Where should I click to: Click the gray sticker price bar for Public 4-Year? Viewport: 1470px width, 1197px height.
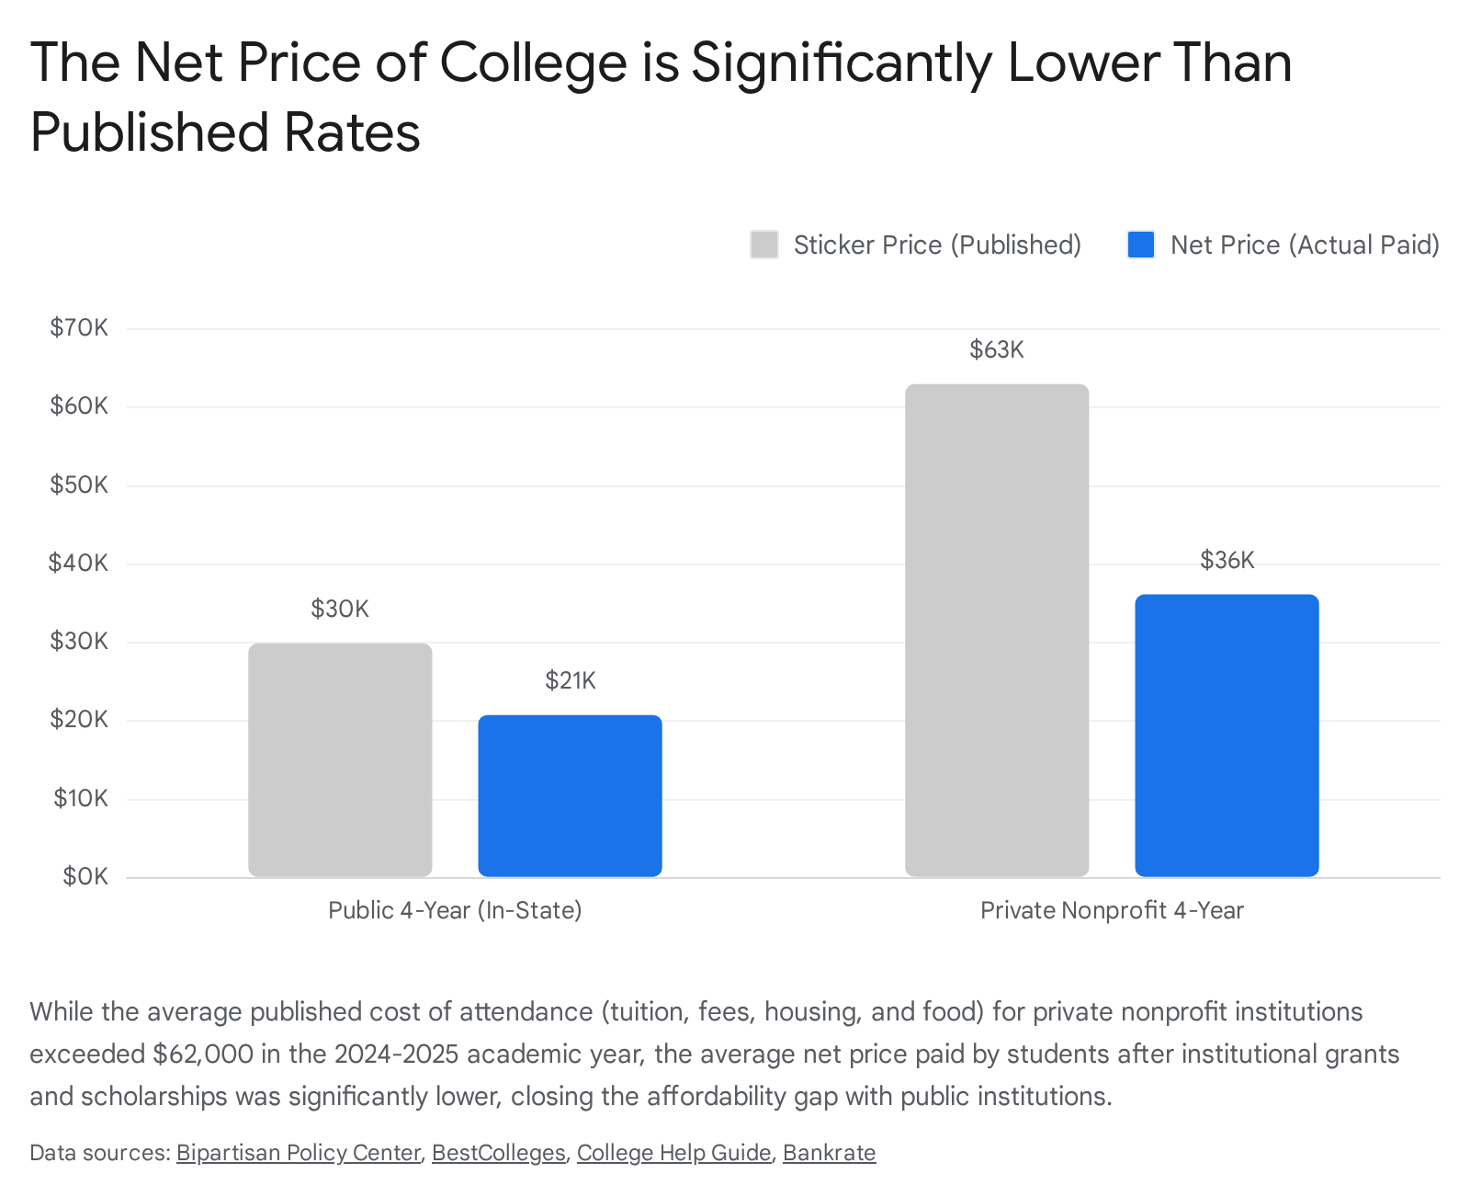coord(340,759)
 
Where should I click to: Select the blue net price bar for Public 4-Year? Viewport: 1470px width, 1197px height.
coord(570,795)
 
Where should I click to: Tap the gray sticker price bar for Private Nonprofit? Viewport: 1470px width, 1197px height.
coord(997,630)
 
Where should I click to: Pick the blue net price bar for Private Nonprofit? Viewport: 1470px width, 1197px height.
coord(1227,735)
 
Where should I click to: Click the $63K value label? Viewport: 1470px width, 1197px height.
coord(997,349)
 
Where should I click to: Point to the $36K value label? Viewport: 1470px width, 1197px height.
coord(1227,560)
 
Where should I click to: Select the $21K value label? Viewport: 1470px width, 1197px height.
coord(570,680)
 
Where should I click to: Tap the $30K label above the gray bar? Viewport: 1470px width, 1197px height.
coord(340,609)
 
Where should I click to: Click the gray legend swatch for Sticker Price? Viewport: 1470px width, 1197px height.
coord(764,245)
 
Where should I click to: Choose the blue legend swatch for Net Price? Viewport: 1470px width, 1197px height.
coord(1141,245)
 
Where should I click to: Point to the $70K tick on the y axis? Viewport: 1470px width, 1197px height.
coord(79,327)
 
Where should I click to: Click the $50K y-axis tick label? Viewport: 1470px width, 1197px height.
coord(79,484)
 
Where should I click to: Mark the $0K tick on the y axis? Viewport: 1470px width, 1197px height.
coord(85,876)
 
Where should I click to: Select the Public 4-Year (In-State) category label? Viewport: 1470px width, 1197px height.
coord(455,910)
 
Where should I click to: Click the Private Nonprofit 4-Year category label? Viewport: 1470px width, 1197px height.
coord(1112,910)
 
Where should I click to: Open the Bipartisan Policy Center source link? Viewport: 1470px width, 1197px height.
coord(299,1153)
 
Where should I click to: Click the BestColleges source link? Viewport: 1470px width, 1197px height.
coord(498,1153)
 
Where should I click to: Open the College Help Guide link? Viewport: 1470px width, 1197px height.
coord(673,1153)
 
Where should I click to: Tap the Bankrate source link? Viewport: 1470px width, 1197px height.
coord(829,1153)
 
